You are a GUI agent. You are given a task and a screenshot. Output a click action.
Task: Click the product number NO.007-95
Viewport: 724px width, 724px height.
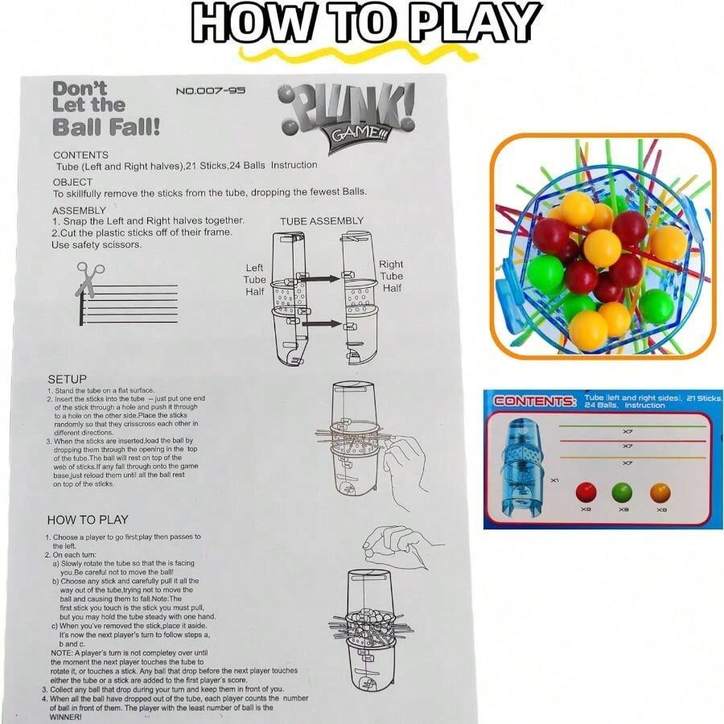pos(210,91)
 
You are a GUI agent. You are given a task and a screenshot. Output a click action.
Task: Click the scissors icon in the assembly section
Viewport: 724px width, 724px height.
pos(86,278)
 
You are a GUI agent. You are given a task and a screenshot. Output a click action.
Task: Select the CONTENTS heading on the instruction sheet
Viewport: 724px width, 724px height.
pos(80,154)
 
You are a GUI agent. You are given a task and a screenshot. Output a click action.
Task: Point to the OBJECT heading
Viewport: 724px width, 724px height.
pos(73,183)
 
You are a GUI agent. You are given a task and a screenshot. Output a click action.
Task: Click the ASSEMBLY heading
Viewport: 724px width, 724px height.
pos(80,211)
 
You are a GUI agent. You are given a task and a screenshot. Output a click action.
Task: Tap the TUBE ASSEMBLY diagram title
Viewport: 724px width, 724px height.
pos(322,221)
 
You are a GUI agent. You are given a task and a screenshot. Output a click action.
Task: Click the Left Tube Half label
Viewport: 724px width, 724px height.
pos(255,279)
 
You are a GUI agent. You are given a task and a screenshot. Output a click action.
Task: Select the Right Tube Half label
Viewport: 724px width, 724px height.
pos(391,276)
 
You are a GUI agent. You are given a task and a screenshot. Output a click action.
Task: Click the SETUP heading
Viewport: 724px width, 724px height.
pos(67,379)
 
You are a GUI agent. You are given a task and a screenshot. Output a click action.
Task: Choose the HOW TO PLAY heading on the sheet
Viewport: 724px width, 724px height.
pos(88,520)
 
